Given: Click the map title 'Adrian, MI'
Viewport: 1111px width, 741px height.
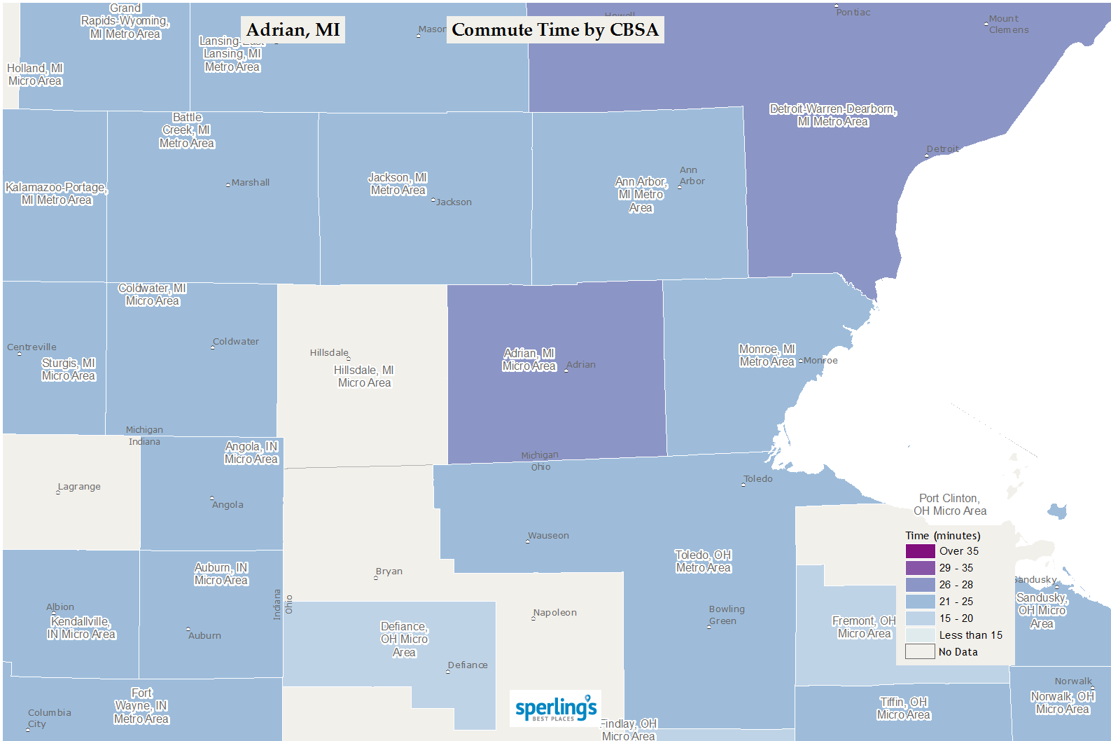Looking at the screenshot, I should click(x=293, y=30).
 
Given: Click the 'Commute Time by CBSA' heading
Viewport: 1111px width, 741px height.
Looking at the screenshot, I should click(x=555, y=30).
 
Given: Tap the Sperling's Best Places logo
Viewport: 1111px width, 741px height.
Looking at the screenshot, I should click(x=556, y=708).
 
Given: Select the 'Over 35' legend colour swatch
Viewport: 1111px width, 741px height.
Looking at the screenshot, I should click(x=920, y=551).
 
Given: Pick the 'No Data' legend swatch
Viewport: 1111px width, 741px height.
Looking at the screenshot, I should click(x=920, y=652).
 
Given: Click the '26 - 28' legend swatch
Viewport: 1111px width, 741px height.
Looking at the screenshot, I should click(x=920, y=585).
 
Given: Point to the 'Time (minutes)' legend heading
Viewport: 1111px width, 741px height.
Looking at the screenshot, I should click(x=942, y=536).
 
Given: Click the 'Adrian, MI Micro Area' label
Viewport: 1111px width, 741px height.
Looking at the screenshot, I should click(x=529, y=360).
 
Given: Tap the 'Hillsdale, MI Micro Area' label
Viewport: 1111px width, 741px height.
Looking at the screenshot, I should click(x=364, y=377).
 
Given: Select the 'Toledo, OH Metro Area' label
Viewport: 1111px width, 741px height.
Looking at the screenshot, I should click(x=703, y=562).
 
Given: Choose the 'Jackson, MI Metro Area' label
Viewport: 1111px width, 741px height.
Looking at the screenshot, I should click(x=398, y=184).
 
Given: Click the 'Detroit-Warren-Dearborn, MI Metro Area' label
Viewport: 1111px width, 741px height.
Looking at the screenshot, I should click(x=833, y=116).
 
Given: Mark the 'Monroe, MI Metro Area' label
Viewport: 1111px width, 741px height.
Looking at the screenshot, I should click(x=767, y=356).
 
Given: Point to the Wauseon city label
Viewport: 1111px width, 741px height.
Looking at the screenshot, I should click(x=548, y=536).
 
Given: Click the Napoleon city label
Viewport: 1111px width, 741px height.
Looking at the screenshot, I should click(x=554, y=613).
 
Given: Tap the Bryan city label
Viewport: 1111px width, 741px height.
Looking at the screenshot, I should click(x=389, y=572).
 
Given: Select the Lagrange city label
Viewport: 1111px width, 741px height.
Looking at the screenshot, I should click(x=79, y=487).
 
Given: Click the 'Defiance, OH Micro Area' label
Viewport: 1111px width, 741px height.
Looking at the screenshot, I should click(x=404, y=639).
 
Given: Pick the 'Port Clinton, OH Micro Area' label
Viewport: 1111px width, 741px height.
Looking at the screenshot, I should click(x=949, y=505).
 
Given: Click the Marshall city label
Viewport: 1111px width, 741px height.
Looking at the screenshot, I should click(x=250, y=183).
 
